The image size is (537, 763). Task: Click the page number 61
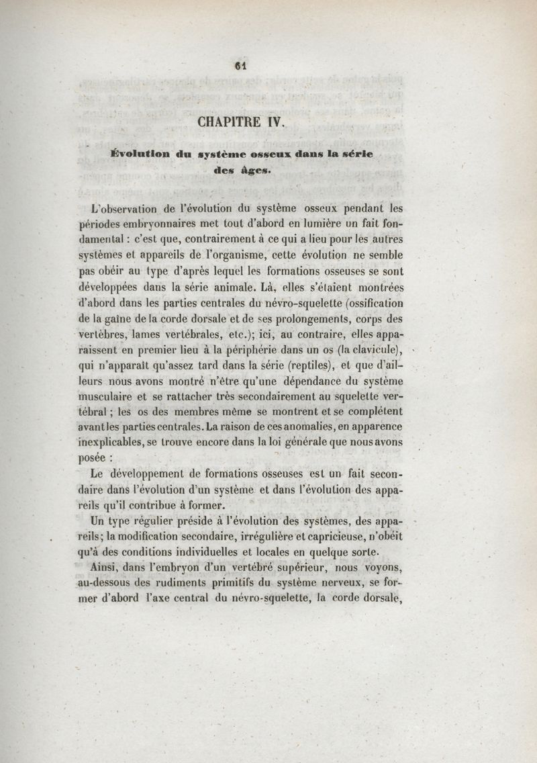point(242,65)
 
